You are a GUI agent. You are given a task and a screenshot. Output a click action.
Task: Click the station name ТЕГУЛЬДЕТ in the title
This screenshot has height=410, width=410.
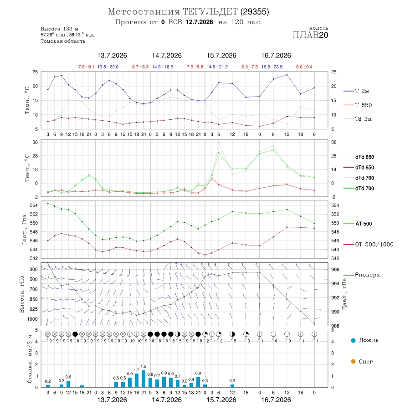coord(210,12)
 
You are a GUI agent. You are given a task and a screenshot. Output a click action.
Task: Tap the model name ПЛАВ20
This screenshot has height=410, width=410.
coord(310,35)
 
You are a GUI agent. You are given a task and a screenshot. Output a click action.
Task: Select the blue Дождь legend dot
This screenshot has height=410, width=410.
coord(353,340)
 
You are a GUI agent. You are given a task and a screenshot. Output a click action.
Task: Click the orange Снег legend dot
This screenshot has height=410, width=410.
coord(353,361)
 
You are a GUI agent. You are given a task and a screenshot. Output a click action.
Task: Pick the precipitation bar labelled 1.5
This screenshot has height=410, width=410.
coord(143,379)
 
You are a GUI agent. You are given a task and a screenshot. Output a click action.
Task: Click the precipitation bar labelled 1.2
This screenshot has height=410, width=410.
coord(137,380)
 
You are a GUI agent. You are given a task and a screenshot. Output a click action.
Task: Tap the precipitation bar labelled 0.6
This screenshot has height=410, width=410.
coord(68,384)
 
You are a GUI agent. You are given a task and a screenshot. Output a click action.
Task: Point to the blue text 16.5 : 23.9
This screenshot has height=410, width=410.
coord(272,67)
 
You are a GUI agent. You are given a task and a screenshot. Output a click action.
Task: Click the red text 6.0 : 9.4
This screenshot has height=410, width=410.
coord(304,67)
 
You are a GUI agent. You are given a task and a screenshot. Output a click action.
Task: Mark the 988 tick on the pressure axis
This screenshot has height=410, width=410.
coord(335,326)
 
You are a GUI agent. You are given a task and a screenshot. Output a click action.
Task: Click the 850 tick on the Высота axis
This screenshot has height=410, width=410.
coord(33,299)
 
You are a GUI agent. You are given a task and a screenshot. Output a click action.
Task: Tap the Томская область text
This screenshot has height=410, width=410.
coord(63,41)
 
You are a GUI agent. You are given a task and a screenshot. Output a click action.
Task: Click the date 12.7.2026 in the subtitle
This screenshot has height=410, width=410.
coord(199,22)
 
